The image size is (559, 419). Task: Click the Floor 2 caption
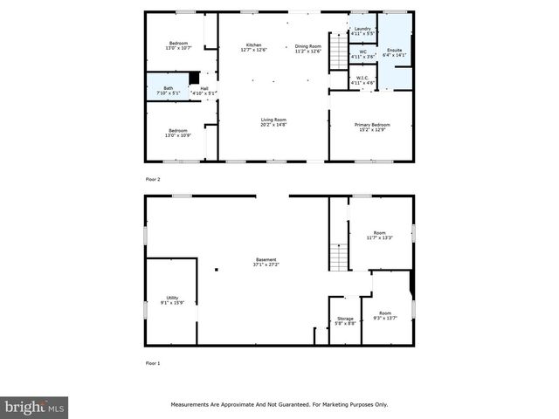[153, 179]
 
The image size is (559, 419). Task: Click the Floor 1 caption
[153, 362]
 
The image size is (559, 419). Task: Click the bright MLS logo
[35, 407]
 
